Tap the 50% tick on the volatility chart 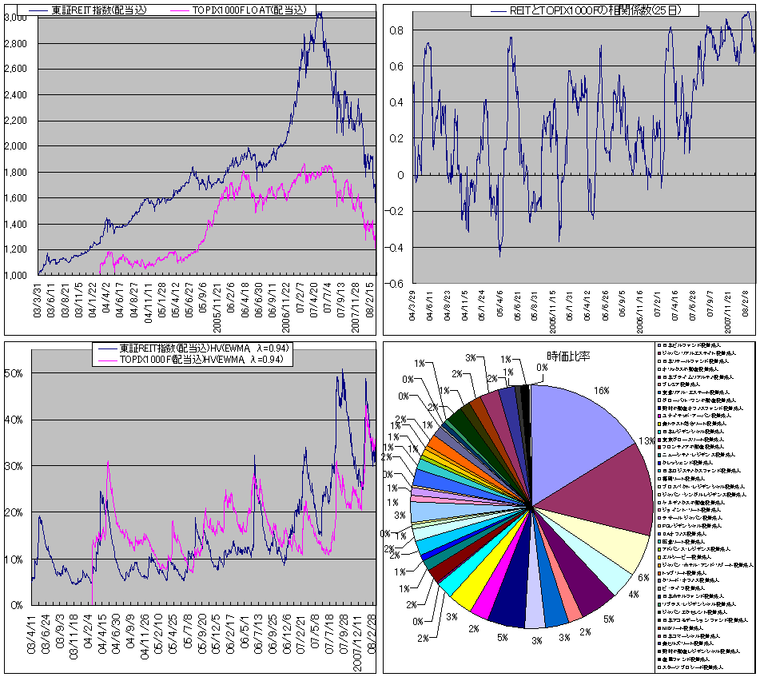[17, 373]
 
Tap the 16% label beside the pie [601, 390]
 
